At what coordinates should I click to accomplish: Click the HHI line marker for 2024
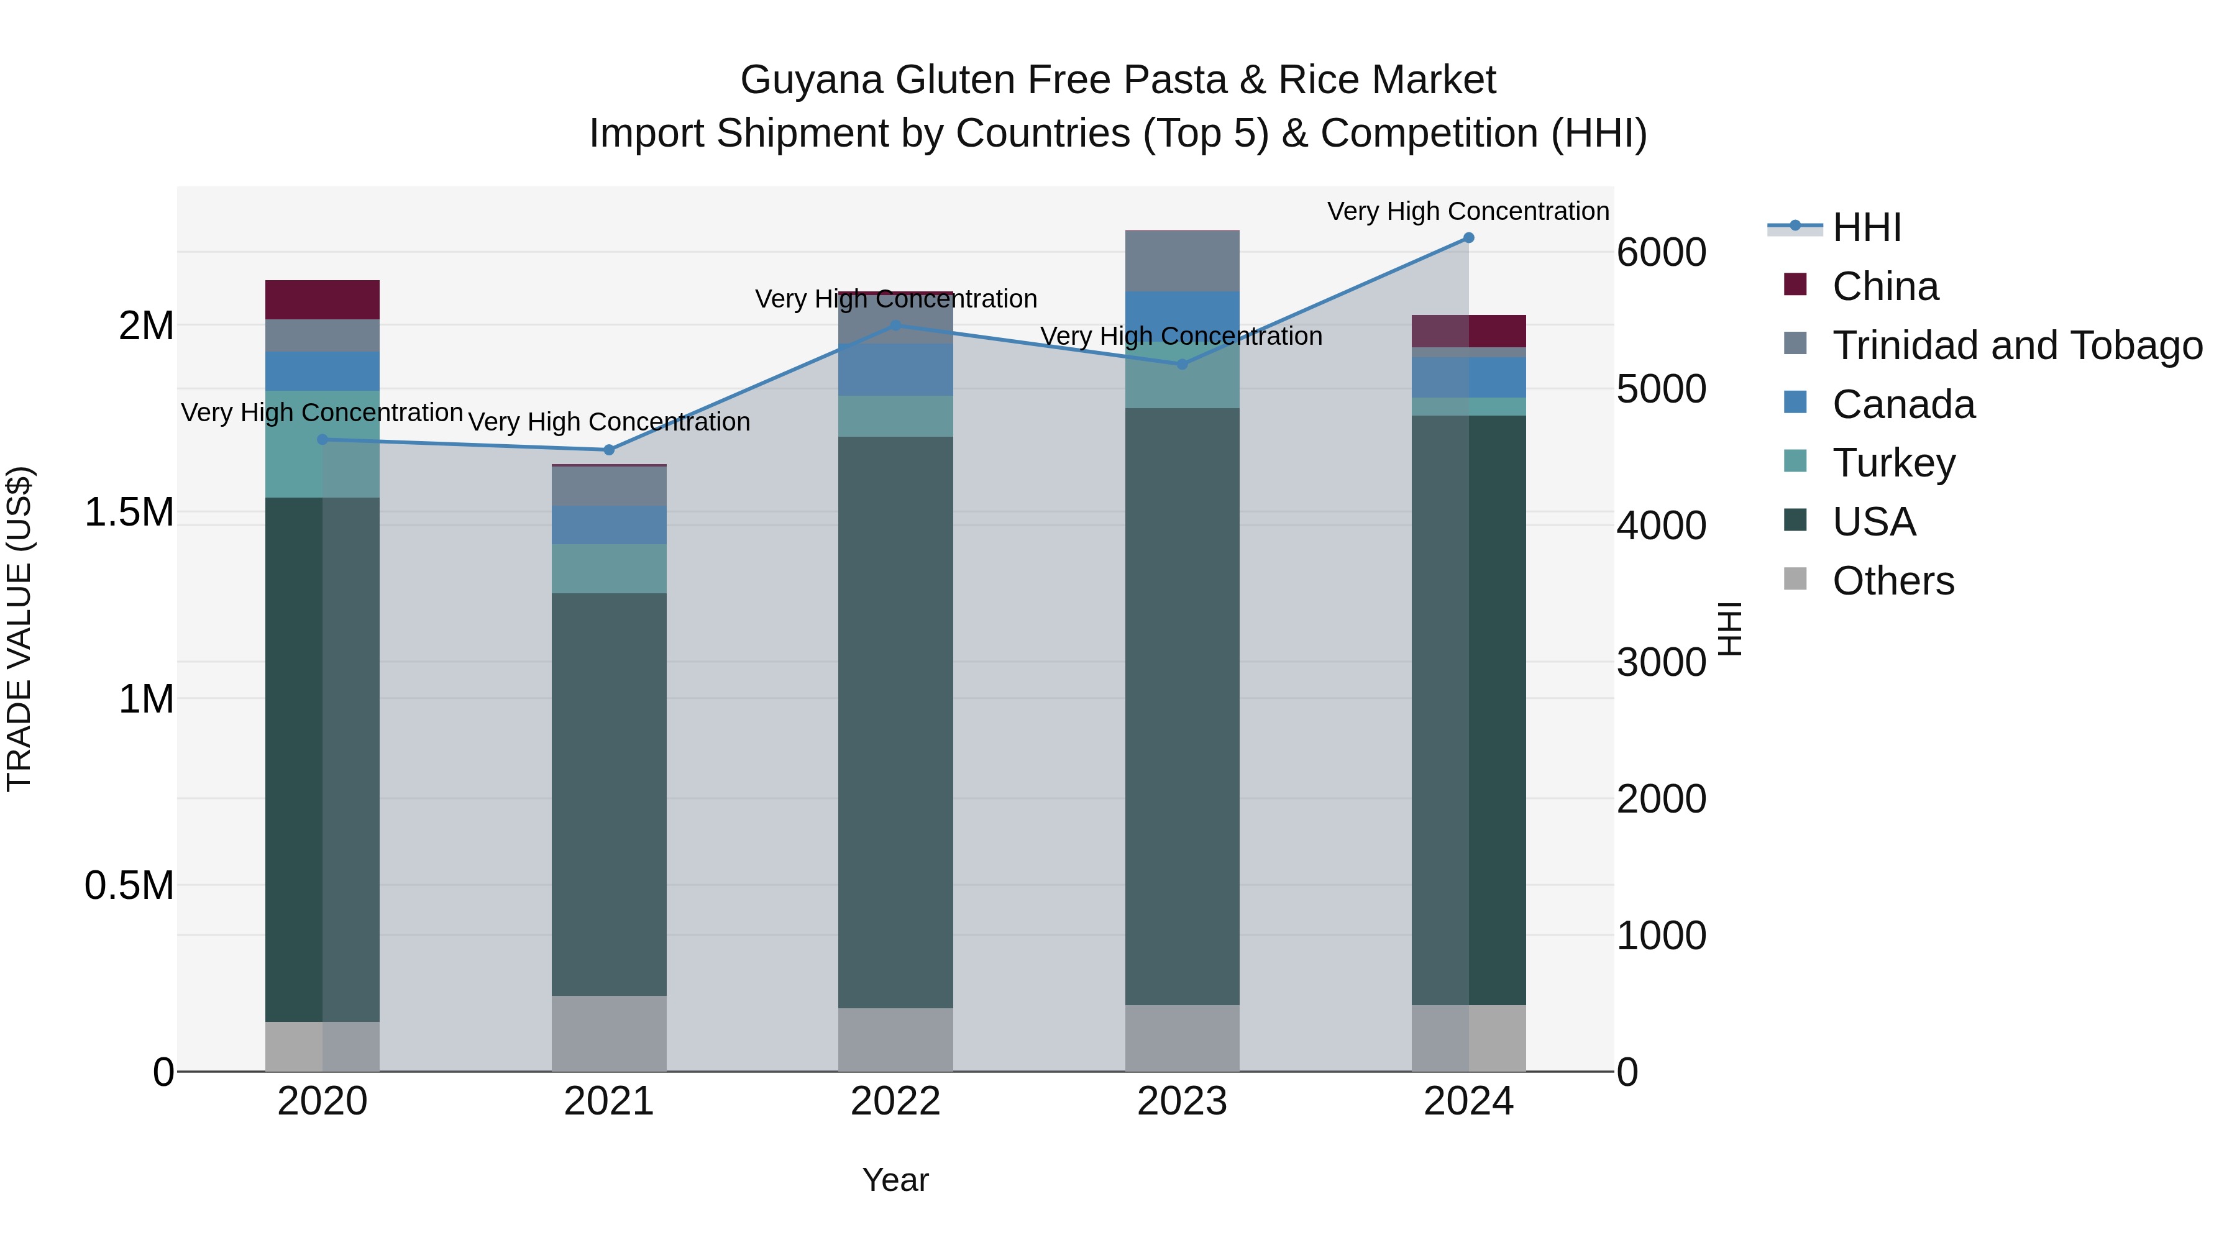pos(1468,238)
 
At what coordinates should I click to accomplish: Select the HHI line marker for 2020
pos(322,439)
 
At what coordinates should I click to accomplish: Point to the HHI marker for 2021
pos(609,450)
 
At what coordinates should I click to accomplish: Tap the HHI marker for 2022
pos(896,326)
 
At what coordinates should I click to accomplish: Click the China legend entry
pos(1885,286)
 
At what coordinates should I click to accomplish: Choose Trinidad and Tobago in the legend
pos(2016,345)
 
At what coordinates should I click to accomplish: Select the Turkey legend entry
pos(1893,463)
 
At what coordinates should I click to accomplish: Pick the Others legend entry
pos(1893,581)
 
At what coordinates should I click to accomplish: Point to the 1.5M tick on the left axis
pos(129,513)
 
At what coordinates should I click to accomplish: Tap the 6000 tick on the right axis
pos(1661,253)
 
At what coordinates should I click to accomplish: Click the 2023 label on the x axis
pos(1182,1101)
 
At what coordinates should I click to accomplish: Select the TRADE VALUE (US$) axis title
pos(19,629)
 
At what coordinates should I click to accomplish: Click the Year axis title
pos(895,1180)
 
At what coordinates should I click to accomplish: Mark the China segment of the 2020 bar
pos(322,299)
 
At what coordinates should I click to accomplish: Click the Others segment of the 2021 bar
pos(609,1033)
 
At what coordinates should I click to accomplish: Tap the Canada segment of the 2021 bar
pos(609,524)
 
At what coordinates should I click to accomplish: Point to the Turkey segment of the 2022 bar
pos(895,416)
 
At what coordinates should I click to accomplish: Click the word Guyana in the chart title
pos(813,80)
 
